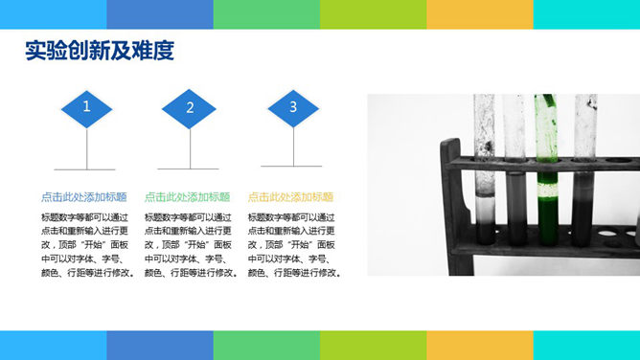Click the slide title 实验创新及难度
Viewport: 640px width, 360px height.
(100, 51)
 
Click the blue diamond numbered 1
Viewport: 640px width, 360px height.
(87, 107)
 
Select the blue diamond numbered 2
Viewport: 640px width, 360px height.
(190, 108)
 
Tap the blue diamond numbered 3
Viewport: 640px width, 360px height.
(293, 107)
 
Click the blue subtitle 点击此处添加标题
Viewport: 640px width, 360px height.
(83, 196)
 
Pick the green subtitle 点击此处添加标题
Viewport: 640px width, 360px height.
(187, 196)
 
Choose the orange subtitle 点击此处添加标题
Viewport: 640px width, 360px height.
(290, 196)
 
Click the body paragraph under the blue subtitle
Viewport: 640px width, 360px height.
(87, 245)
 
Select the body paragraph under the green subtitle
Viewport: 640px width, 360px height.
(191, 245)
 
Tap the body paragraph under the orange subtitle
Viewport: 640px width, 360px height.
(294, 245)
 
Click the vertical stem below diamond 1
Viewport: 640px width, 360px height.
(87, 148)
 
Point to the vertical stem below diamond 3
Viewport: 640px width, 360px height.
(293, 148)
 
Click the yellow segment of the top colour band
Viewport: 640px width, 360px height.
(479, 13)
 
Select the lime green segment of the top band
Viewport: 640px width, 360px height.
(373, 13)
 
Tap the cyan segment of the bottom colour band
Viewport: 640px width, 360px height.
(586, 346)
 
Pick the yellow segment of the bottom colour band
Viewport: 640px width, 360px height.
(479, 346)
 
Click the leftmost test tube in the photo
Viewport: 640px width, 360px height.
(485, 172)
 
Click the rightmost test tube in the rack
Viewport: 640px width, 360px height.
(584, 172)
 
